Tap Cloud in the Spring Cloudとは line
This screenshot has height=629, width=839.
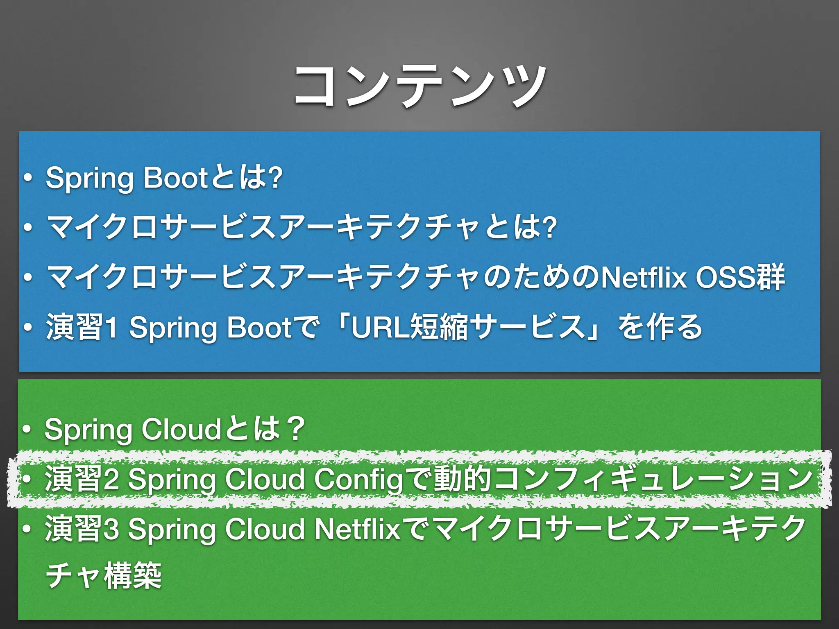coord(181,430)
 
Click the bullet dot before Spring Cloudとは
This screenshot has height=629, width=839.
coord(27,430)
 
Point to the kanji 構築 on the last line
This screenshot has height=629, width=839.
coord(133,576)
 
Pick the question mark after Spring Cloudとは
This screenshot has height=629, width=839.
coord(296,430)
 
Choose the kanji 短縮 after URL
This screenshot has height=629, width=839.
coord(439,327)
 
